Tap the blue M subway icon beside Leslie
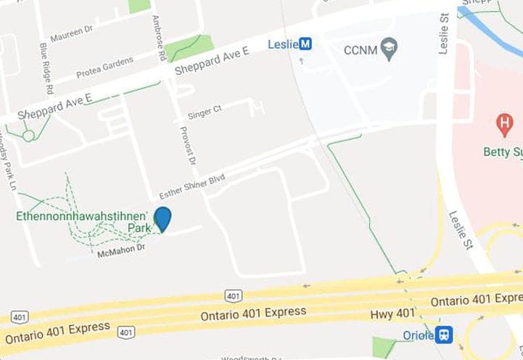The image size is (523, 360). tap(307, 44)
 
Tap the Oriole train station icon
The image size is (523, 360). tap(444, 335)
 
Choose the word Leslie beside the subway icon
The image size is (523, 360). tap(283, 44)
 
